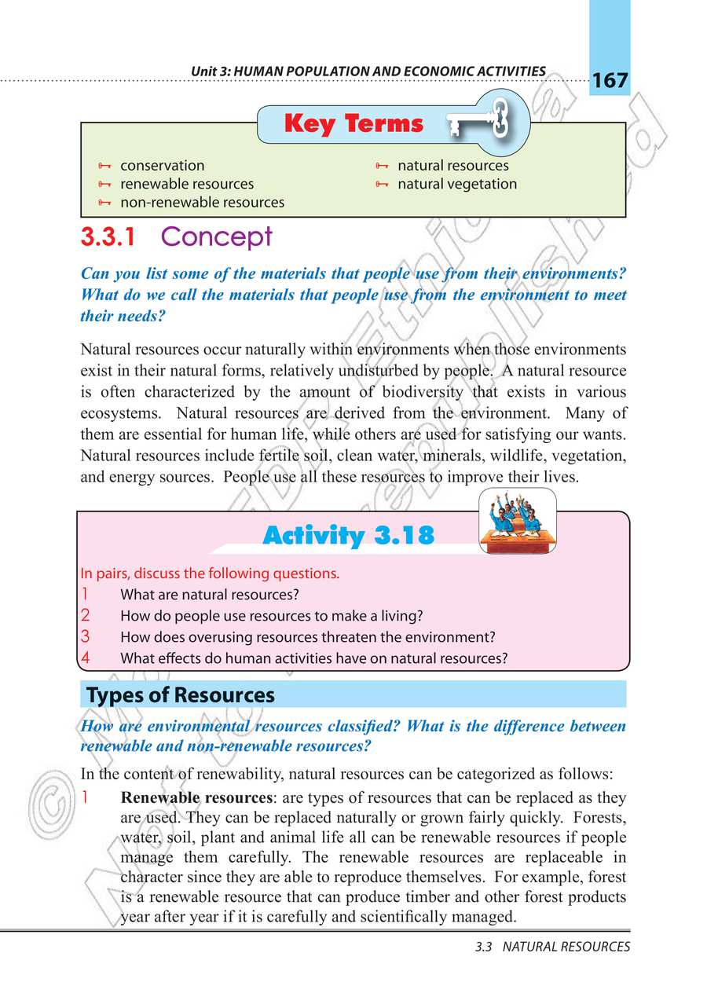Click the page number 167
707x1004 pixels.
[x=610, y=80]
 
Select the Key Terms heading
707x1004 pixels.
[x=353, y=124]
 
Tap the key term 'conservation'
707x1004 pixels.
[x=162, y=166]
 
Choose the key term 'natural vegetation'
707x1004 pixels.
[x=457, y=184]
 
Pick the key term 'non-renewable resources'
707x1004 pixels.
[x=202, y=202]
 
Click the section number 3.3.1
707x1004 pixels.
[x=113, y=236]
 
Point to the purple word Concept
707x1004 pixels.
[x=217, y=236]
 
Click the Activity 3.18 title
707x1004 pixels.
[x=348, y=536]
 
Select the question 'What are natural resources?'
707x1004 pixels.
[x=210, y=595]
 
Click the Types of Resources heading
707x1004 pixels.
[x=181, y=695]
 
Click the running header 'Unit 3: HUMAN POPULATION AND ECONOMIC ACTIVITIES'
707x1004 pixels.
[x=368, y=71]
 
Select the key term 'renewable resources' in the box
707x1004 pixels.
[x=187, y=184]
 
